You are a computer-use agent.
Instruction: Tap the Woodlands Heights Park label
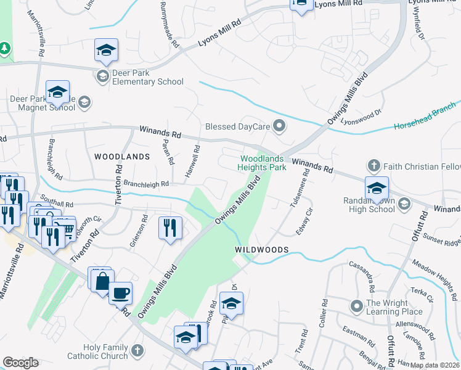[263, 163]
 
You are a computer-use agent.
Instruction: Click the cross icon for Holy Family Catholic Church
[137, 350]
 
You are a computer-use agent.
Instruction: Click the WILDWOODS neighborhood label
[262, 249]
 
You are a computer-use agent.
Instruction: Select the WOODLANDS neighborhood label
[122, 157]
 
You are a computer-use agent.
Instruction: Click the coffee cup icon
[121, 293]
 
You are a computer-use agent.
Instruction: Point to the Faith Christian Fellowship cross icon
[373, 166]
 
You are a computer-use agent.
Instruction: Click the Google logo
[20, 363]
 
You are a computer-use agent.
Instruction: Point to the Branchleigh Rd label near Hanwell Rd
[146, 183]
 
